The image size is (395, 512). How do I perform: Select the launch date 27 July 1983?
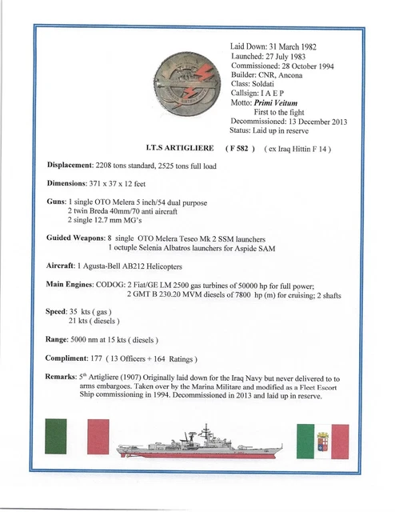click(x=291, y=57)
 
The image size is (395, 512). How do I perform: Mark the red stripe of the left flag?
click(x=97, y=437)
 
